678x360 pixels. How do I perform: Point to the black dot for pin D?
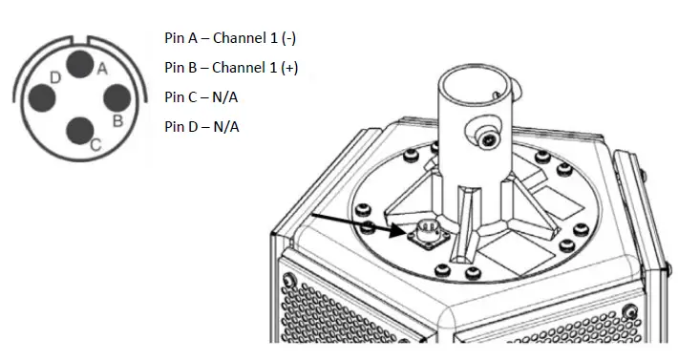[x=42, y=96]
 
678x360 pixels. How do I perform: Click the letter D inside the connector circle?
[x=56, y=76]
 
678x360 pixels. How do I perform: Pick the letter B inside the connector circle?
[x=117, y=121]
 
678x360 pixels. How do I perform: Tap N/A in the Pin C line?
[x=226, y=97]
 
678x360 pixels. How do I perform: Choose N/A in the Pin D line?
[x=226, y=126]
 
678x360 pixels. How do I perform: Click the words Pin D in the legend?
[x=180, y=126]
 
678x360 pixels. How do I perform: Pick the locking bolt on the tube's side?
[x=492, y=139]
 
